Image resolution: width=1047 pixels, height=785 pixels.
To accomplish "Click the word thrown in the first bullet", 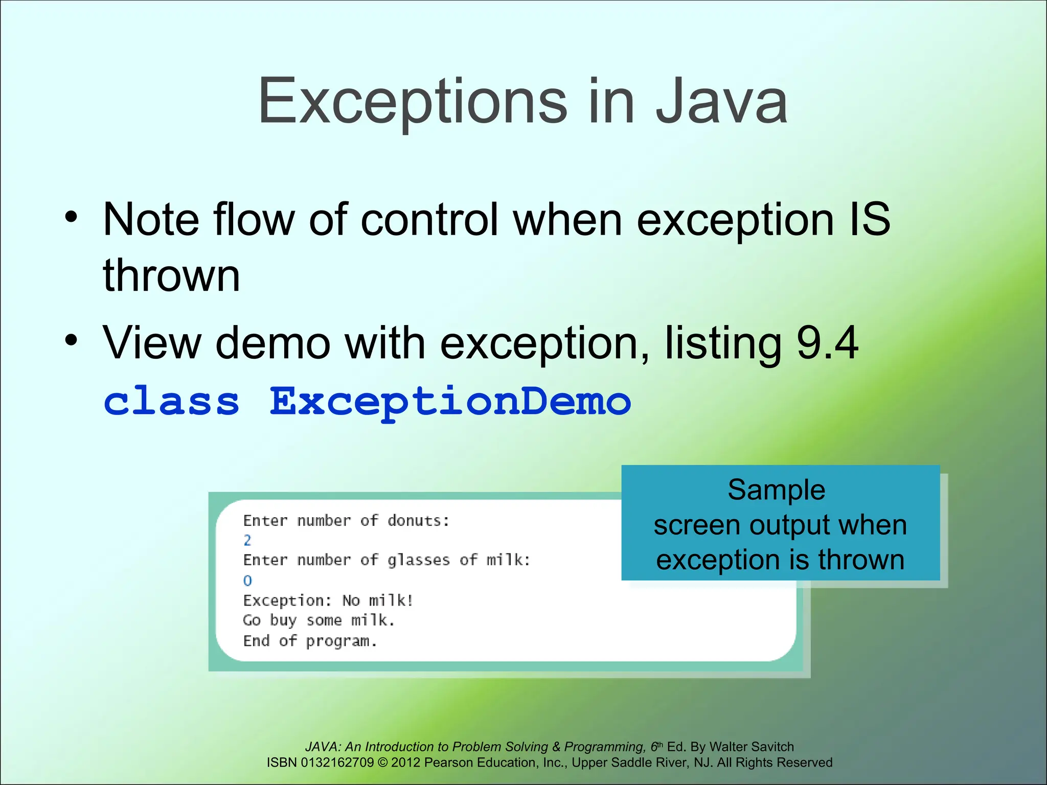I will click(x=171, y=276).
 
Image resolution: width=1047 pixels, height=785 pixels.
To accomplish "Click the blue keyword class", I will click(x=171, y=402).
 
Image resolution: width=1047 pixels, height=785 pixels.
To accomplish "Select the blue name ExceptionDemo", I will click(x=450, y=402).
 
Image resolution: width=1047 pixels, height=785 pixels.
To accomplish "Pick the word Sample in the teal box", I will click(x=776, y=490).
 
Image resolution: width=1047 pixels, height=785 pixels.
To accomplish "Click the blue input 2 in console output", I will click(x=247, y=540).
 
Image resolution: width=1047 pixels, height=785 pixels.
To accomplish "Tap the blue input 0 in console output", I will click(x=247, y=581).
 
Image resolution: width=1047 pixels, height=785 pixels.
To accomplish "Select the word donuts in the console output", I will click(x=418, y=521).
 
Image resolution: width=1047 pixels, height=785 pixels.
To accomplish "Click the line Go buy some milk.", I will click(x=319, y=620).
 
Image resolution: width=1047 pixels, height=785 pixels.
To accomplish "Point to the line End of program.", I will click(x=310, y=641).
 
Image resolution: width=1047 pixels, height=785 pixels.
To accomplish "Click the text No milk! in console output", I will click(x=377, y=601).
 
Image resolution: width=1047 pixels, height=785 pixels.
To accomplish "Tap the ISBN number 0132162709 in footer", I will click(x=337, y=763).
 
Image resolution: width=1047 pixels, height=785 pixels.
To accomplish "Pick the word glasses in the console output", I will click(x=418, y=561).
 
